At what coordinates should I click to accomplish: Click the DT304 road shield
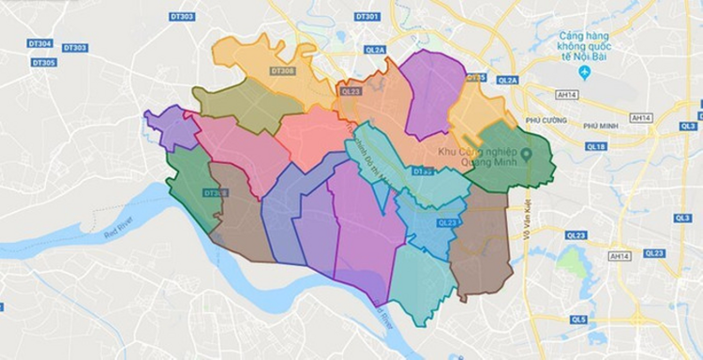click(x=40, y=44)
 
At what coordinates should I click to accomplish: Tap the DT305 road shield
click(x=43, y=63)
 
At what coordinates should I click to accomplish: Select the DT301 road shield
click(x=368, y=17)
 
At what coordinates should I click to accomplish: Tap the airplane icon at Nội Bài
click(x=584, y=72)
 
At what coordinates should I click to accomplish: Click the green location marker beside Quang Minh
click(x=527, y=154)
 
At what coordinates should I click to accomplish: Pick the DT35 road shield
click(x=477, y=77)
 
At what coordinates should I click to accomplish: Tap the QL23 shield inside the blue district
click(x=446, y=222)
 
